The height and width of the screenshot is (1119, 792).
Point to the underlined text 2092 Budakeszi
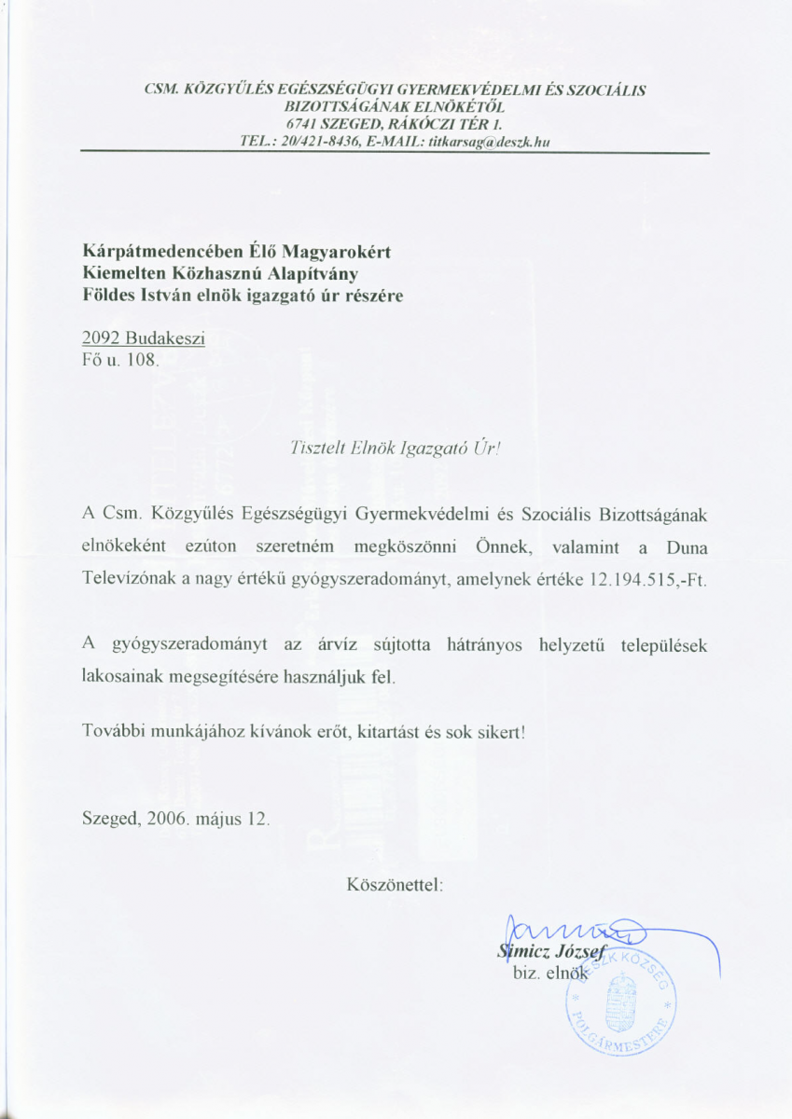(x=144, y=338)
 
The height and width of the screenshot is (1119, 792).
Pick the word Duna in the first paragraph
(x=686, y=546)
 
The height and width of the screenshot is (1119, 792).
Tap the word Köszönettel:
(x=396, y=881)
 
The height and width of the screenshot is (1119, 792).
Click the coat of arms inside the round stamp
(x=619, y=1011)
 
